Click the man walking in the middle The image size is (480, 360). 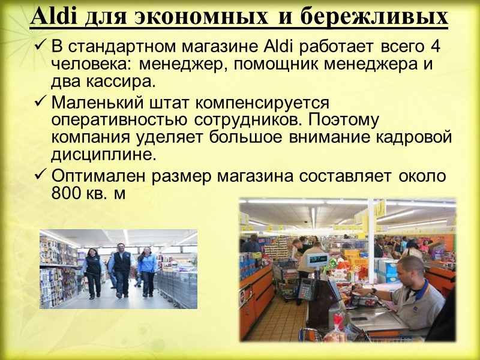(x=122, y=270)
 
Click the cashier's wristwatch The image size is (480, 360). (x=373, y=291)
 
